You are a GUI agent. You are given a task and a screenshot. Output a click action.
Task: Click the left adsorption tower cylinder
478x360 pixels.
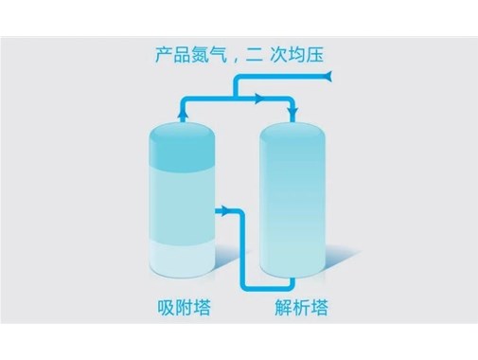[x=184, y=204]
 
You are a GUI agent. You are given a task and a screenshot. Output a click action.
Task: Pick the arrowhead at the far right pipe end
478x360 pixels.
[x=328, y=73]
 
